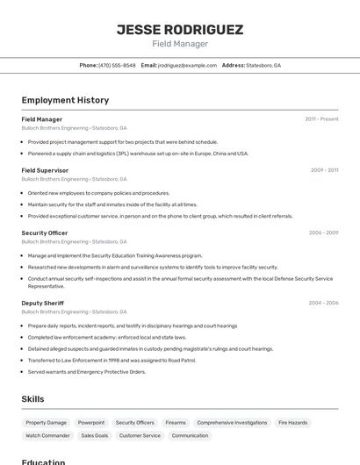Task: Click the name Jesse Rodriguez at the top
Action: tap(180, 30)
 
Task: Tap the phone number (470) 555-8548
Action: tap(117, 65)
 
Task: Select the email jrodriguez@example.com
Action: tap(187, 65)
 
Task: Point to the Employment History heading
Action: tap(65, 100)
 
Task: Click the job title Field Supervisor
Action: tap(45, 170)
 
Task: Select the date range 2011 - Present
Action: tap(321, 119)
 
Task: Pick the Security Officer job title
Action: tap(44, 232)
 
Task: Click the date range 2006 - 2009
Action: tap(323, 232)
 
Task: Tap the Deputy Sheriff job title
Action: tap(43, 303)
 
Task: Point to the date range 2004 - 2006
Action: tap(323, 303)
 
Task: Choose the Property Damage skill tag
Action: tap(46, 422)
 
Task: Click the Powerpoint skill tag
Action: tap(90, 422)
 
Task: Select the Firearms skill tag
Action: tap(176, 422)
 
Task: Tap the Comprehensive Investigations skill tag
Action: tap(232, 422)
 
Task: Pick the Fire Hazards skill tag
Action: tap(292, 422)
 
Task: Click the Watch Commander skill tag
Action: tap(47, 435)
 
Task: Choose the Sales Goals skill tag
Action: tap(94, 435)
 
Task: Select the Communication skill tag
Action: tap(190, 435)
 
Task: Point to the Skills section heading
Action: tap(32, 399)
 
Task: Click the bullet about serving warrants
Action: tap(86, 371)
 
